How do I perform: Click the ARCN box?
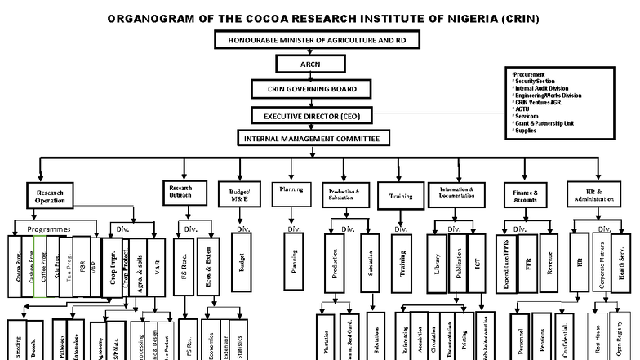[x=306, y=64]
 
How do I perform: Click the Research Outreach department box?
[x=180, y=192]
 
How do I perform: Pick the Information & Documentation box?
[x=456, y=193]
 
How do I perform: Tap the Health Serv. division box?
[x=623, y=263]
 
